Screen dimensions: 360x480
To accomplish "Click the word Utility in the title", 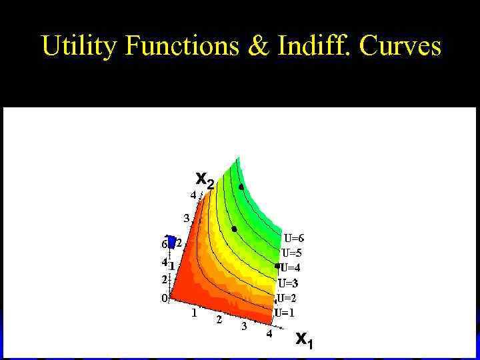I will pyautogui.click(x=79, y=47).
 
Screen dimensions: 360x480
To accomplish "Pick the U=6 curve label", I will pyautogui.click(x=295, y=238).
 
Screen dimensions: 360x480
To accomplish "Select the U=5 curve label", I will pyautogui.click(x=293, y=253).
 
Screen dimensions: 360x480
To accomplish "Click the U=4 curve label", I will pyautogui.click(x=291, y=268).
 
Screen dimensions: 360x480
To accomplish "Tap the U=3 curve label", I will pyautogui.click(x=288, y=283).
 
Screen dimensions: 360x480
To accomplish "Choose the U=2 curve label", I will pyautogui.click(x=286, y=298).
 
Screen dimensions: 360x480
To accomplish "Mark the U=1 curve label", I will pyautogui.click(x=285, y=313).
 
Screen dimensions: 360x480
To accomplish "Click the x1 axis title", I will pyautogui.click(x=304, y=339).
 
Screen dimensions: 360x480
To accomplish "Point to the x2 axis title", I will pyautogui.click(x=205, y=179).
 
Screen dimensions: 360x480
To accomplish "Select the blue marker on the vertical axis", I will pyautogui.click(x=171, y=242).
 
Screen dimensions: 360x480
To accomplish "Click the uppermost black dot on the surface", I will pyautogui.click(x=241, y=187).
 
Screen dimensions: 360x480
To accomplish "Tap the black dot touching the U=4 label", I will pyautogui.click(x=277, y=266).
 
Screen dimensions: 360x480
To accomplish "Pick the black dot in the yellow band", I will pyautogui.click(x=234, y=229).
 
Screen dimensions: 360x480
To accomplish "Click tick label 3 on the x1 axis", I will pyautogui.click(x=244, y=327).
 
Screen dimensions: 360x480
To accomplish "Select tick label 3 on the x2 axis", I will pyautogui.click(x=187, y=217).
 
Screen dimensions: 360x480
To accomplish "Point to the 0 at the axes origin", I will pyautogui.click(x=164, y=299).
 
